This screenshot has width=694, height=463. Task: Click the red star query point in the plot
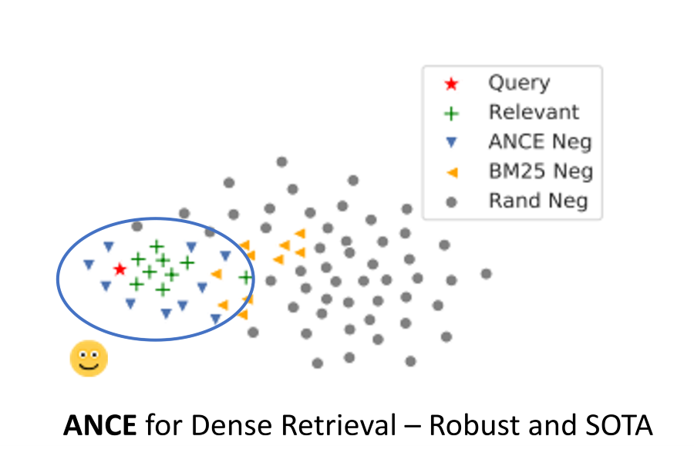(x=120, y=269)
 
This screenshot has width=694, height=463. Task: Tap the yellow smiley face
(x=89, y=359)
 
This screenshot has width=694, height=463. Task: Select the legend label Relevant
(x=534, y=113)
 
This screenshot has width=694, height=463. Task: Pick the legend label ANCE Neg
(x=540, y=142)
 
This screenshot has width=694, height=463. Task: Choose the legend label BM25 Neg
(x=541, y=171)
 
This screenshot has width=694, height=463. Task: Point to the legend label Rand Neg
(x=538, y=201)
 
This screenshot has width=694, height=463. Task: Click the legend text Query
(x=519, y=83)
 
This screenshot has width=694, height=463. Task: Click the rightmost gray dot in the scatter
(x=486, y=273)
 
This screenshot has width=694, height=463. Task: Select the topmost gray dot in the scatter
(x=282, y=162)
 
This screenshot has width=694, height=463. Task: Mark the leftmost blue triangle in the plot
(x=89, y=265)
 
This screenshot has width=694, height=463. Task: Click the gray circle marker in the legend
(x=452, y=202)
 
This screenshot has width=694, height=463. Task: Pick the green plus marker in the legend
(x=452, y=113)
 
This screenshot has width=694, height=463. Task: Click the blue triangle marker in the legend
(x=452, y=143)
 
